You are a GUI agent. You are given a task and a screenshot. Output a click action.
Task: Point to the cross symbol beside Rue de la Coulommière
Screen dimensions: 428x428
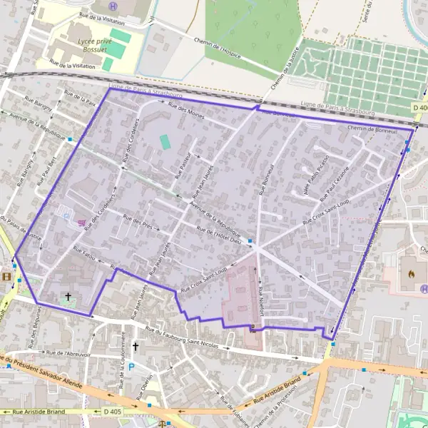[135, 347]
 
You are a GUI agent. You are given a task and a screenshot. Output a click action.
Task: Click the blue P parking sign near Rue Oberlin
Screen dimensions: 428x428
[131, 367]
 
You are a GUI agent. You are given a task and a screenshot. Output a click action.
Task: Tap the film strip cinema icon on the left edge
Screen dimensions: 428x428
[6, 277]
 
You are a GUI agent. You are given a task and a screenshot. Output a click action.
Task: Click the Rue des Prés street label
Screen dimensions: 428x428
[139, 222]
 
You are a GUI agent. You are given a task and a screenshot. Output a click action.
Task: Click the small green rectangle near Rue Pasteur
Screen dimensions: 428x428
[165, 142]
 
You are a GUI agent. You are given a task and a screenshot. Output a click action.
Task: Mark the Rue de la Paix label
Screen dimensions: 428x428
[80, 98]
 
